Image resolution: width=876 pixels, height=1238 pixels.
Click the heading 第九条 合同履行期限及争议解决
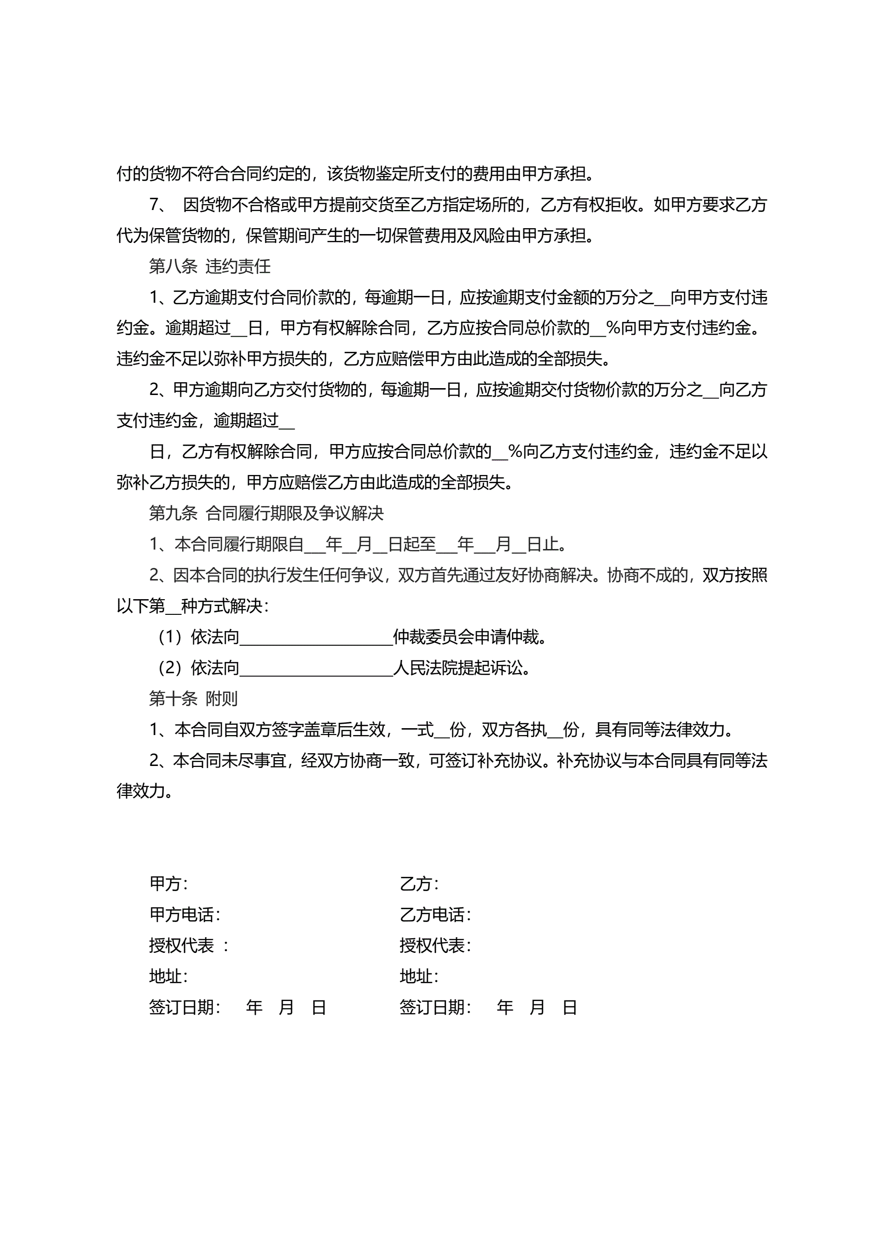[x=266, y=513]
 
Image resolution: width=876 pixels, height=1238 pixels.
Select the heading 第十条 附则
[x=193, y=699]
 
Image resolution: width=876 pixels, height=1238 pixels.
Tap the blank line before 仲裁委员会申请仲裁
[x=316, y=638]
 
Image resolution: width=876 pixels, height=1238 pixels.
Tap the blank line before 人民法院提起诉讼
[x=316, y=669]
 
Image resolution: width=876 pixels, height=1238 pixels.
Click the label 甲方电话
[x=184, y=915]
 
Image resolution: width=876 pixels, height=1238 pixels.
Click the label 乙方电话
[x=435, y=915]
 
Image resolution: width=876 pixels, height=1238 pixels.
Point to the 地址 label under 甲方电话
[x=168, y=976]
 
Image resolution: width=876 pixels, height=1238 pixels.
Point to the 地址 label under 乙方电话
[x=419, y=976]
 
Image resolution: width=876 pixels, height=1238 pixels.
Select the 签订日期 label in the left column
[x=184, y=1007]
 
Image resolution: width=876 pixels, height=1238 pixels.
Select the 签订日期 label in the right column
[x=435, y=1007]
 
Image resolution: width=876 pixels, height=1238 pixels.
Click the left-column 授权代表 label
[x=181, y=945]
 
